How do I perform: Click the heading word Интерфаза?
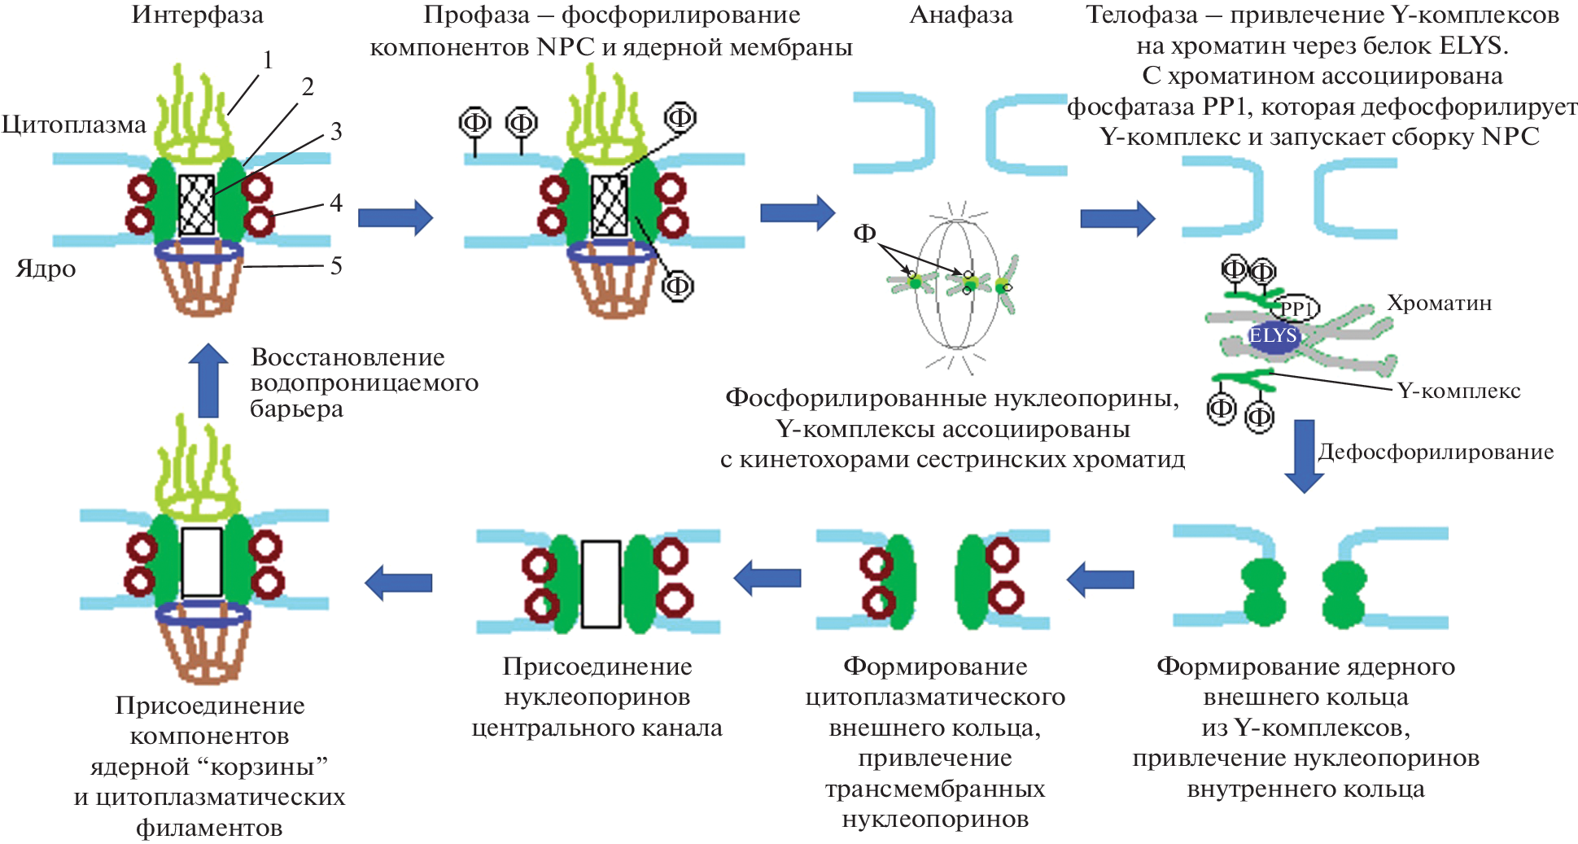[x=197, y=15]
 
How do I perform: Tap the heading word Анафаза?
[x=960, y=15]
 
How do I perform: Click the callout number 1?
[x=267, y=60]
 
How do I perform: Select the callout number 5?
[x=335, y=266]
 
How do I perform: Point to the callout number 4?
[x=335, y=203]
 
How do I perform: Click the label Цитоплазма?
[x=73, y=125]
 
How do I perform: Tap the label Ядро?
[x=46, y=269]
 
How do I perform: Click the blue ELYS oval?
[x=1273, y=336]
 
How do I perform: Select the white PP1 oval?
[x=1296, y=308]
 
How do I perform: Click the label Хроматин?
[x=1439, y=304]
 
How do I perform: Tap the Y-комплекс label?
[x=1458, y=391]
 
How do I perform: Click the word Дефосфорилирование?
[x=1436, y=453]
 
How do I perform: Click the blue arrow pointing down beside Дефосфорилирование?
[x=1304, y=456]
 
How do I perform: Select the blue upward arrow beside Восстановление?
[x=208, y=380]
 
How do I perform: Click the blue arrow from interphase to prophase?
[x=396, y=217]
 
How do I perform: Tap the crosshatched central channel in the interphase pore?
[x=196, y=205]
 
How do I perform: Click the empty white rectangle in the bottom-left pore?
[x=201, y=562]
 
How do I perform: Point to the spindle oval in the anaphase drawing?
[x=956, y=284]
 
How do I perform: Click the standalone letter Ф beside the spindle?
[x=864, y=234]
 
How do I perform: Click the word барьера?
[x=296, y=409]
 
